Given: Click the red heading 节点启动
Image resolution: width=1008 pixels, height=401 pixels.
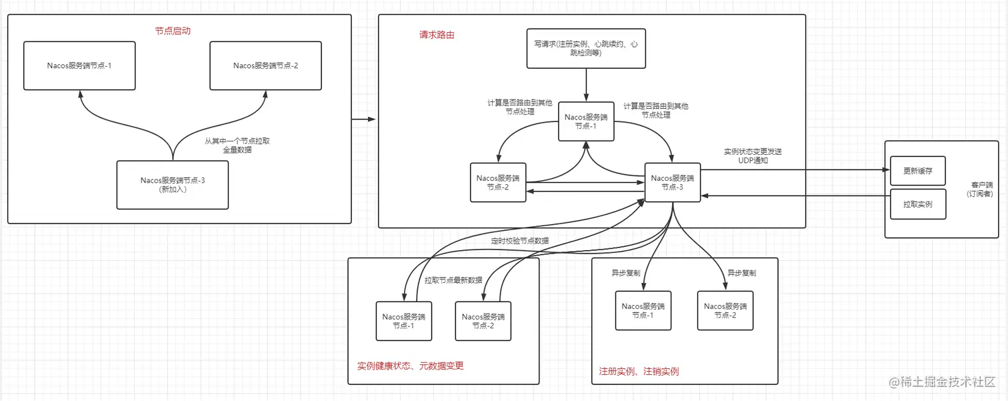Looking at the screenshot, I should pos(172,31).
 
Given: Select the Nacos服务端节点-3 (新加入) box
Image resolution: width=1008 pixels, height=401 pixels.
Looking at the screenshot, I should pos(172,184).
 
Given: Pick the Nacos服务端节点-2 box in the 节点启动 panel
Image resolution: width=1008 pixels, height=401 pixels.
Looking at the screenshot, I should pos(265,65).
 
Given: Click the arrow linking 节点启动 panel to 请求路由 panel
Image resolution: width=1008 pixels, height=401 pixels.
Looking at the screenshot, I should pos(363,120).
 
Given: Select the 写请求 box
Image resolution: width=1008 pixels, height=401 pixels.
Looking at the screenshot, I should pos(586,48).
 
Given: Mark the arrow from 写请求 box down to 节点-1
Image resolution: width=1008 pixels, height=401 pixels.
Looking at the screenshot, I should pos(586,85).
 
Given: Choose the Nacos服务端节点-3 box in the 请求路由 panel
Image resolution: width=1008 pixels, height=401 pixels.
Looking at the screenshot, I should pos(672,182).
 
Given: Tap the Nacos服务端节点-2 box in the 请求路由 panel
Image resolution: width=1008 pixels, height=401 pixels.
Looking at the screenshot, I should pos(498,182).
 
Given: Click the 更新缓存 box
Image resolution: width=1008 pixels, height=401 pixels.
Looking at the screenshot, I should pos(917,171).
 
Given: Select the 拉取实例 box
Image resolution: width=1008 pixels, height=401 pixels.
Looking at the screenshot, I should pos(917,204).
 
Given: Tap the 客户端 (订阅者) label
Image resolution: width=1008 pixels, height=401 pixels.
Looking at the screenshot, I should pos(982,188).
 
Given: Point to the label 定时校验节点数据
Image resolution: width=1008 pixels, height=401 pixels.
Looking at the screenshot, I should pos(519,240).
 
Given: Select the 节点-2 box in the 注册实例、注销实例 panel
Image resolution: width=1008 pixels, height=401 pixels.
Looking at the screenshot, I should pos(725,310).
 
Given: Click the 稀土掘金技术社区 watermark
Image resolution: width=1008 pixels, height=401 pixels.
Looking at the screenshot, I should pos(941,382).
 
